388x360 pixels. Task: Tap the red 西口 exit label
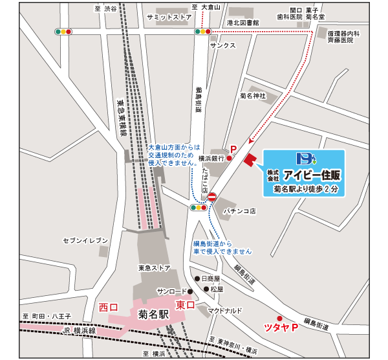[108, 306]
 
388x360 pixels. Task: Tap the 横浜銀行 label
[211, 158]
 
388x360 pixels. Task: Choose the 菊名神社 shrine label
[253, 95]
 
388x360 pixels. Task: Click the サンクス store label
[223, 45]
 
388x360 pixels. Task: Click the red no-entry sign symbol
[211, 196]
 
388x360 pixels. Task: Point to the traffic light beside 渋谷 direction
[64, 30]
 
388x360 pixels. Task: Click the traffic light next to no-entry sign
[198, 208]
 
